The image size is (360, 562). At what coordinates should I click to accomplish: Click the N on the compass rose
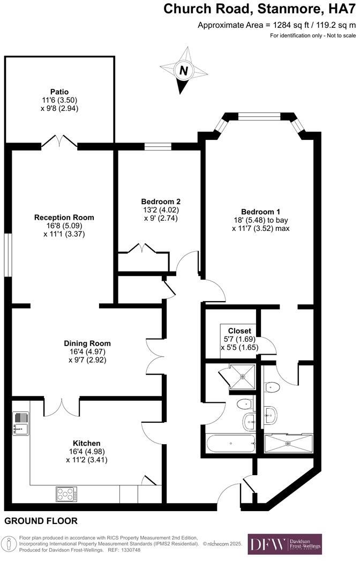(184, 71)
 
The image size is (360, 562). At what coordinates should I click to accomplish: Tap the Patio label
(59, 92)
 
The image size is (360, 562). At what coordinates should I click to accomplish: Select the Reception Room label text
(64, 217)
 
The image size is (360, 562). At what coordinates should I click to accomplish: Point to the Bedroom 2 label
(160, 201)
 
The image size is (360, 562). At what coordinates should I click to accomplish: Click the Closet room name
(239, 331)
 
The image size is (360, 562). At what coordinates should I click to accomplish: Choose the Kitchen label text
(86, 443)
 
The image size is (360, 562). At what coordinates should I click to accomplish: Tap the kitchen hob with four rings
(66, 494)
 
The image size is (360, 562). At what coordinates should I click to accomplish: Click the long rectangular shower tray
(288, 443)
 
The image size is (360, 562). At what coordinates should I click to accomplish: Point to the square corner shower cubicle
(242, 376)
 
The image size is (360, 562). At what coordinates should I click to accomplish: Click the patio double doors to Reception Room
(59, 141)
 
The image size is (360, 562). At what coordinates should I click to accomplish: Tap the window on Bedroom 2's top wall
(157, 146)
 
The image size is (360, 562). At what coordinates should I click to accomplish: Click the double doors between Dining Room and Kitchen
(61, 407)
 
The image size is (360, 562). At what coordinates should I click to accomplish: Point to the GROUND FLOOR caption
(41, 520)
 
